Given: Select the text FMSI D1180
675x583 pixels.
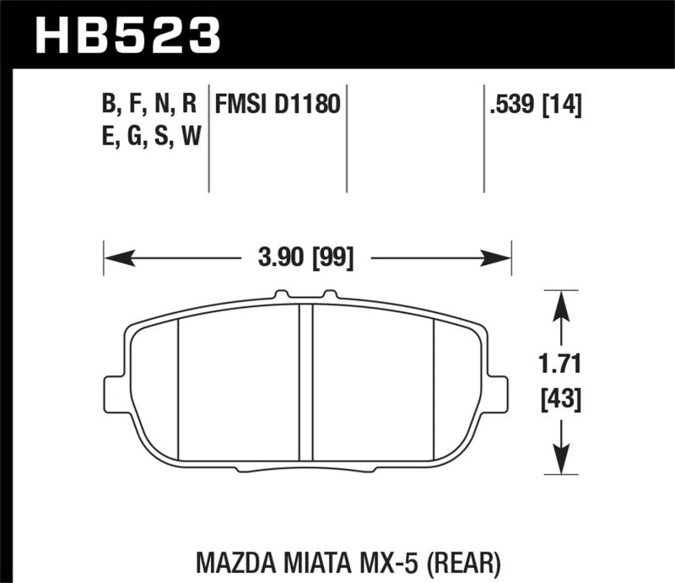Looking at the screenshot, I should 278,105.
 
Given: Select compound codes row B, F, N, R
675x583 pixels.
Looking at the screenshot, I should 148,105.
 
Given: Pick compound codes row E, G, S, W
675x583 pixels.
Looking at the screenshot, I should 148,135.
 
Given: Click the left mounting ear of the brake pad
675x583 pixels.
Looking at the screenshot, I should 113,394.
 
